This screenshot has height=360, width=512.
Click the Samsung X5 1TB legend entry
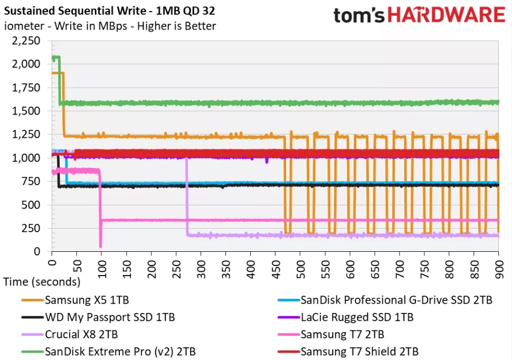[x=87, y=300]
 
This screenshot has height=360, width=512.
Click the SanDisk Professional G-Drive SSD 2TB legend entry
[x=396, y=300]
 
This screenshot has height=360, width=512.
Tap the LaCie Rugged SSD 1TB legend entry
[x=357, y=318]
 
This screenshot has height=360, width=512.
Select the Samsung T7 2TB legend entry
[x=342, y=334]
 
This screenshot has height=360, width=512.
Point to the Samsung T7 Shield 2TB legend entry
[x=359, y=351]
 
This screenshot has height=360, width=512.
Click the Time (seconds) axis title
[x=42, y=282]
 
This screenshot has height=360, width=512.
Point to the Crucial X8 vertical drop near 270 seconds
[x=186, y=195]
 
